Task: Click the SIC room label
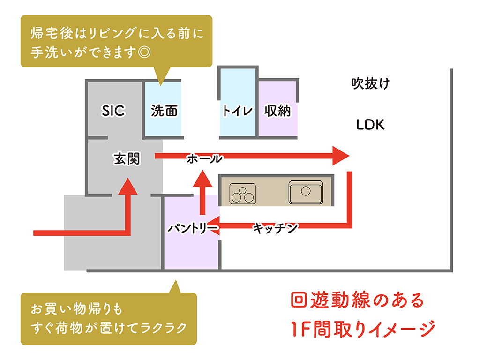pyautogui.click(x=113, y=111)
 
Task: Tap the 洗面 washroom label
pyautogui.click(x=165, y=111)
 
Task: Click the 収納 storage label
pyautogui.click(x=277, y=111)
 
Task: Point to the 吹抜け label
pyautogui.click(x=370, y=84)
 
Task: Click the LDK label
pyautogui.click(x=370, y=125)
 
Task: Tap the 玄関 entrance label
pyautogui.click(x=127, y=158)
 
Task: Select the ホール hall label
pyautogui.click(x=205, y=158)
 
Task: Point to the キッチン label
pyautogui.click(x=276, y=228)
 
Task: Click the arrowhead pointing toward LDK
pyautogui.click(x=341, y=156)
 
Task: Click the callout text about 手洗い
pyautogui.click(x=116, y=42)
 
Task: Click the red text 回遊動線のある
pyautogui.click(x=357, y=300)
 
